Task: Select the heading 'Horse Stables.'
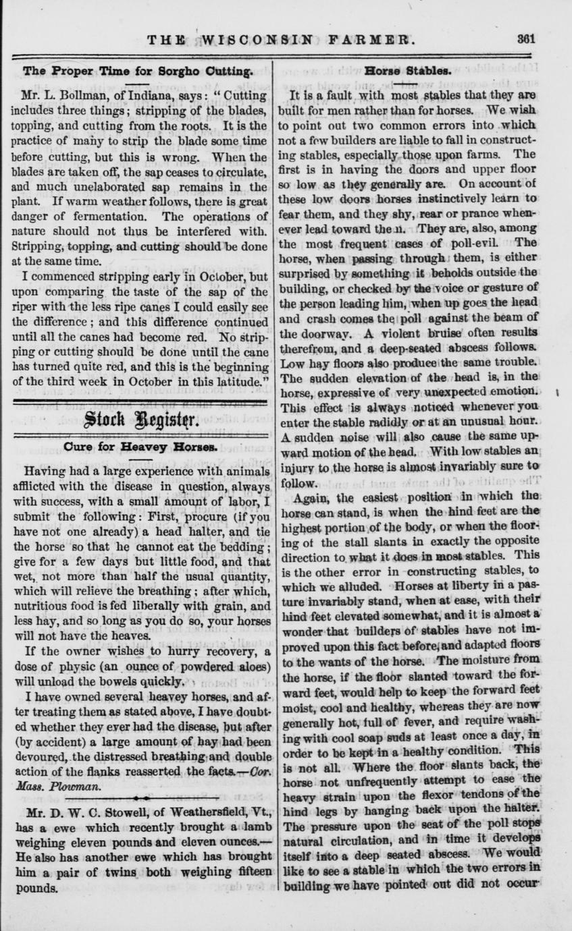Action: coord(408,69)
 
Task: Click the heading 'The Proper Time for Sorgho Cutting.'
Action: coord(138,69)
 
